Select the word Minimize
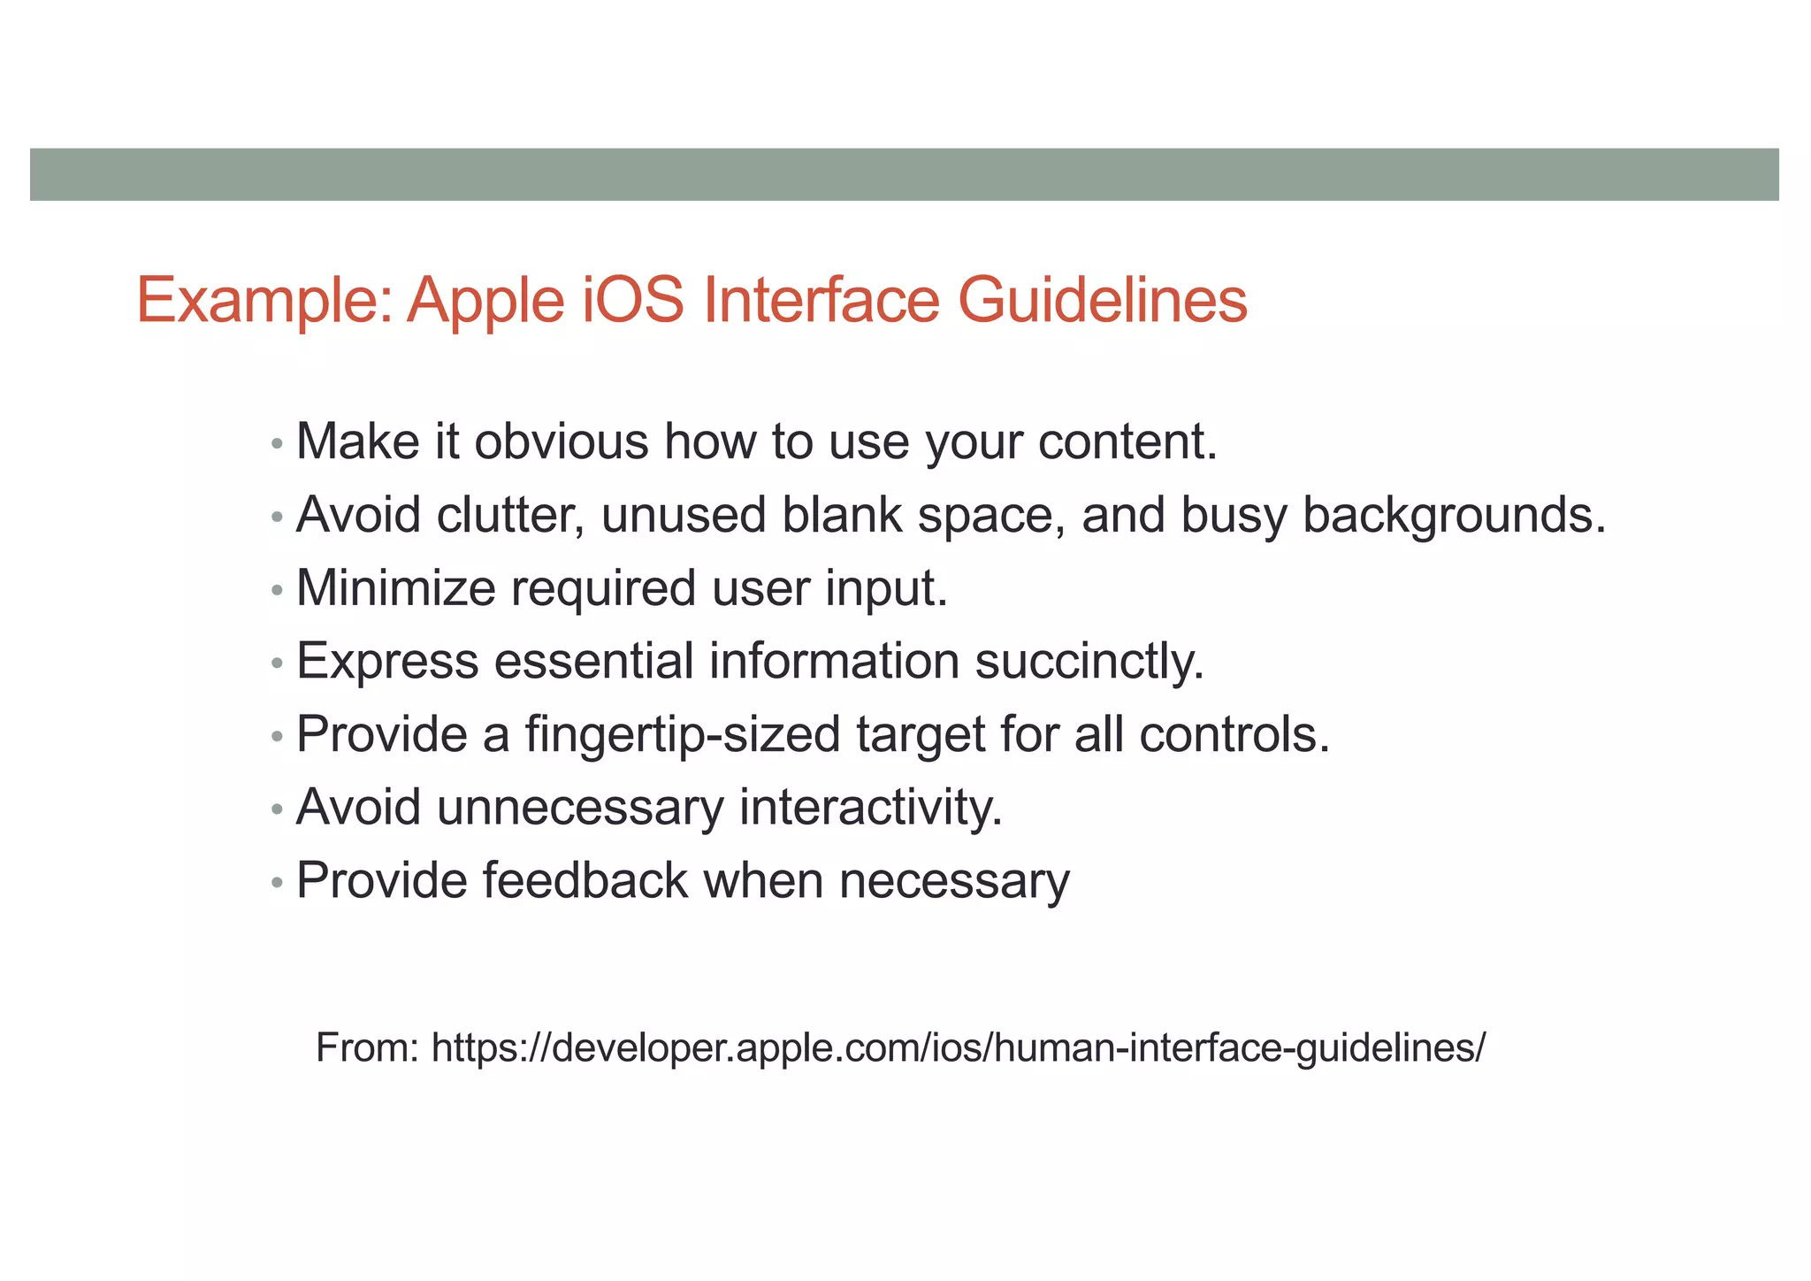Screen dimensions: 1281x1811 click(x=395, y=587)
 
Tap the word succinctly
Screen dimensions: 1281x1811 click(x=1089, y=662)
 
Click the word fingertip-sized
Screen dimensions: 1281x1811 click(x=682, y=735)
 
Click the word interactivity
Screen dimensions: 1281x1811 click(x=871, y=808)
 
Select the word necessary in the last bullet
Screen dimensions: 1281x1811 click(x=954, y=882)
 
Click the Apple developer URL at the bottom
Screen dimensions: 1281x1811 click(x=959, y=1048)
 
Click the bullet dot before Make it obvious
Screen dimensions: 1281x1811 click(x=277, y=443)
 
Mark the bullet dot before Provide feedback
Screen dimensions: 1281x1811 click(x=277, y=883)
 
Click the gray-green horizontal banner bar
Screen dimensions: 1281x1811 click(x=904, y=174)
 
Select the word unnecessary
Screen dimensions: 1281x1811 click(x=580, y=809)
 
